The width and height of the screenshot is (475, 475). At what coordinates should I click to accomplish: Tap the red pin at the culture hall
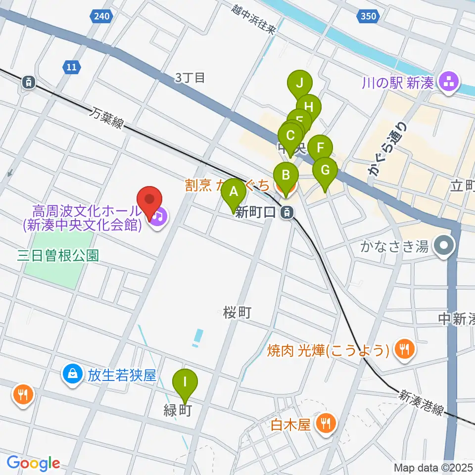[x=150, y=201]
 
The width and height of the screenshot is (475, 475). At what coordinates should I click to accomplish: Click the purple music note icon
[x=158, y=216]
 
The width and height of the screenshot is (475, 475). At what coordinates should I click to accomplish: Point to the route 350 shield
[x=368, y=17]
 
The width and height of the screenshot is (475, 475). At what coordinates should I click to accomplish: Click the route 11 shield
[x=72, y=67]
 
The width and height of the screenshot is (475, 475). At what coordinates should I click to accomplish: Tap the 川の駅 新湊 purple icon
[x=449, y=82]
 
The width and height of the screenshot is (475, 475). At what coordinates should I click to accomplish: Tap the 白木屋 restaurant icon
[x=327, y=424]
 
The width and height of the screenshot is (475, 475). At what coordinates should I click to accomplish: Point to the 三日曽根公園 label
[x=58, y=255]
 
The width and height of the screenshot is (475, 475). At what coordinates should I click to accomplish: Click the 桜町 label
[x=237, y=313]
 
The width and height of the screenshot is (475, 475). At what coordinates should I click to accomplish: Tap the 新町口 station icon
[x=285, y=213]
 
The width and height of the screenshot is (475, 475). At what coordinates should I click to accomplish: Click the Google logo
[x=33, y=463]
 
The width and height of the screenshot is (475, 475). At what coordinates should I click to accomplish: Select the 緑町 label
[x=177, y=411]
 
